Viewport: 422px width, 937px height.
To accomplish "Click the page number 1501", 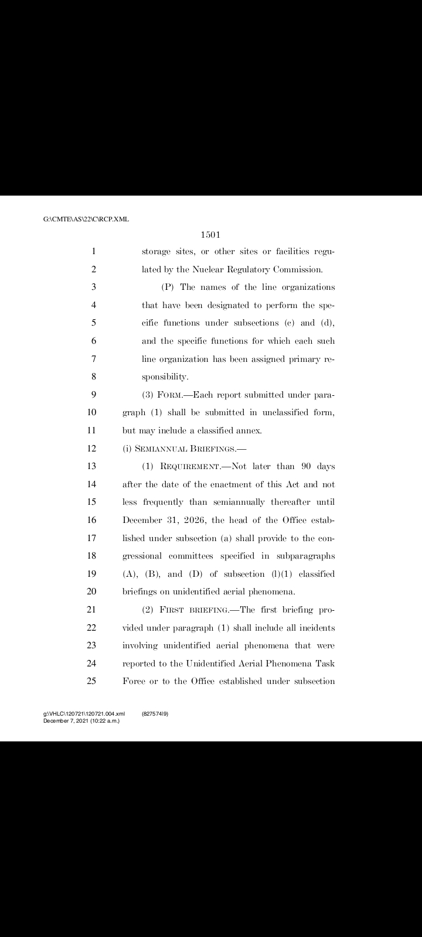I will tap(210, 235).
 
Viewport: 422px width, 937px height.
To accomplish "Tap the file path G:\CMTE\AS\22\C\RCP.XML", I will tap(86, 220).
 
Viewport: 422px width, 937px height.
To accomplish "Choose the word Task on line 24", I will tap(325, 664).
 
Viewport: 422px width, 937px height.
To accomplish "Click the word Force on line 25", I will tap(135, 681).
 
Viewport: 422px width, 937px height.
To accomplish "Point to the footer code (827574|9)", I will tap(155, 714).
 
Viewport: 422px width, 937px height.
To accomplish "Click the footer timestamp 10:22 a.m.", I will tap(103, 720).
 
